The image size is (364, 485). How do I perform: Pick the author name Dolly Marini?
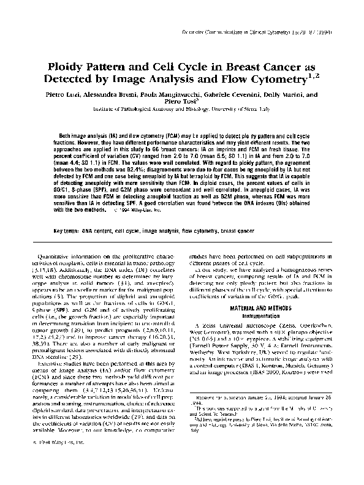[x=288, y=96]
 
